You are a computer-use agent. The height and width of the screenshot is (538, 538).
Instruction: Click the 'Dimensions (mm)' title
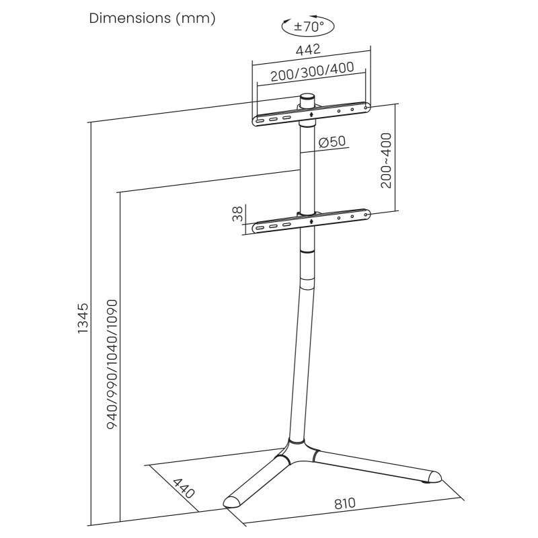(153, 18)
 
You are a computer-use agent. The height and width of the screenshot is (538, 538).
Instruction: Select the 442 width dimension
(308, 50)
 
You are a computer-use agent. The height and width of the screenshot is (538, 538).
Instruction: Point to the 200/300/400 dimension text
(312, 72)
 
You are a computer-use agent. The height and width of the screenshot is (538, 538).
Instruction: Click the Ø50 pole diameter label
(332, 141)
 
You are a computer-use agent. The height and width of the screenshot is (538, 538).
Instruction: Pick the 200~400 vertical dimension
(386, 161)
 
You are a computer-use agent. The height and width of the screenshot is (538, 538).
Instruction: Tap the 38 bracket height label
(237, 214)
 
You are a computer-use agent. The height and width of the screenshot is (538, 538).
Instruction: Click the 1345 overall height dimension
(83, 318)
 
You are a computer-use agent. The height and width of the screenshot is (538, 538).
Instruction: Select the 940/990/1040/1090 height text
(112, 364)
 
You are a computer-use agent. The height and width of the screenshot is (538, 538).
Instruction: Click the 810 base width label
(345, 504)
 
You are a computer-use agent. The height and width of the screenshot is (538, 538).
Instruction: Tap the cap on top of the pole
(307, 100)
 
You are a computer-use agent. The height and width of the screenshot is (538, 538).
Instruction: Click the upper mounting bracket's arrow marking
(311, 114)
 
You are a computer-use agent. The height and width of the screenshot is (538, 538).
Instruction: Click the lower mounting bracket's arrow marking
(311, 221)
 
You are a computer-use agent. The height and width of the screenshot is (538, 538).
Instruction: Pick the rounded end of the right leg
(434, 477)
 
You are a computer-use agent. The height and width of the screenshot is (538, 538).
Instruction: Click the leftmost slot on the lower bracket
(260, 227)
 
